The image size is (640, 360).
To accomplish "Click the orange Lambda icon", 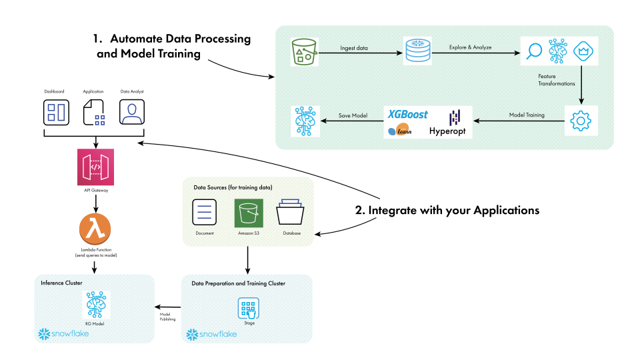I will pos(95,229).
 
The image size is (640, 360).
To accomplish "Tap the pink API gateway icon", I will pos(95,167).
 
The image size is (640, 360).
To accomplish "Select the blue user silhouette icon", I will pos(132,113).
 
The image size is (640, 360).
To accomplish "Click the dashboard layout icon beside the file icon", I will pos(56,113).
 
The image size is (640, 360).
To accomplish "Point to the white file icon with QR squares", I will pos(94,113).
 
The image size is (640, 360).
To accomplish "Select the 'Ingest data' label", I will pos(353,48).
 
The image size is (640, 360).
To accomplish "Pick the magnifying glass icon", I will pos(535,51).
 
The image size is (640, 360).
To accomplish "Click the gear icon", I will pos(581,121).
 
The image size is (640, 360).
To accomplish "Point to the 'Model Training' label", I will pos(526,115).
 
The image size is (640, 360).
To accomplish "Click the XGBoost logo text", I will pos(408,115).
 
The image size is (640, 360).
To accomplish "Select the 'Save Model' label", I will pos(353,115).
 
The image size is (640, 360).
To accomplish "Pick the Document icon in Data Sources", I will pos(205,214).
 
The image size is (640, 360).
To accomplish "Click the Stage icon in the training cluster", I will pos(249,308).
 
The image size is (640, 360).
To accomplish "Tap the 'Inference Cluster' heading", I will pos(62,283).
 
